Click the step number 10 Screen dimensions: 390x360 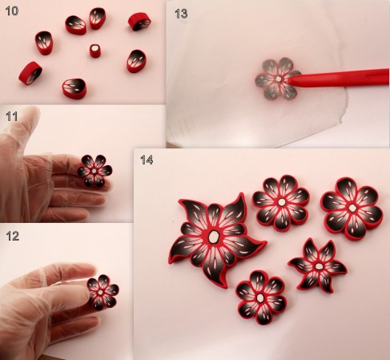(x=12, y=10)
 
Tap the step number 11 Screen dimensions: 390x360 (x=12, y=116)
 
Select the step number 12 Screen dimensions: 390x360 (x=13, y=236)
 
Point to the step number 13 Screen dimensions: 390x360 (x=181, y=14)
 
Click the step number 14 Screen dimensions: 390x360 (x=147, y=160)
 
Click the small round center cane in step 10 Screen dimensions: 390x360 (x=95, y=51)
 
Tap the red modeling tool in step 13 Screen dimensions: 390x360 (x=339, y=78)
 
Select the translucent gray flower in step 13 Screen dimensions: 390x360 (x=278, y=79)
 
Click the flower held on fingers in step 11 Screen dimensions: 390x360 (x=94, y=171)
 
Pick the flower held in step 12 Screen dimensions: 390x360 (x=103, y=292)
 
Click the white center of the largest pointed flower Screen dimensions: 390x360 (x=213, y=237)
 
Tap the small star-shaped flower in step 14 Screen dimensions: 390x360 (x=318, y=265)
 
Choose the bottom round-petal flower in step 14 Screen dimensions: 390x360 (x=261, y=297)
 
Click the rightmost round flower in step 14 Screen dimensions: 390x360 (x=352, y=208)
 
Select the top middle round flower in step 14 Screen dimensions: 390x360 (x=281, y=203)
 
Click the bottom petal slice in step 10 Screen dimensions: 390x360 (x=74, y=89)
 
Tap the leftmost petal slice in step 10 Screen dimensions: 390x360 (x=30, y=73)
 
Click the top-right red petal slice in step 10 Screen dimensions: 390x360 (x=139, y=22)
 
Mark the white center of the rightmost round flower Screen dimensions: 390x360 (x=352, y=208)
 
